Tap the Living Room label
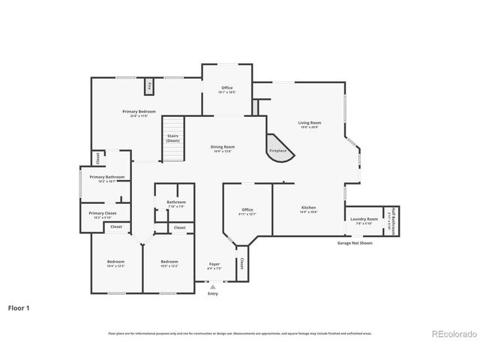(309, 123)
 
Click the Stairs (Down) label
(173, 138)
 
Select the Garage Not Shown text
(355, 242)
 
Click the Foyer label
(214, 264)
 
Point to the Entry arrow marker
(214, 286)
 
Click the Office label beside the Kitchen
(247, 210)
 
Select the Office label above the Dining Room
(226, 88)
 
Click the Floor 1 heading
(20, 307)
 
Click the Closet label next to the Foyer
(241, 264)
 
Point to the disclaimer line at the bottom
(240, 333)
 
